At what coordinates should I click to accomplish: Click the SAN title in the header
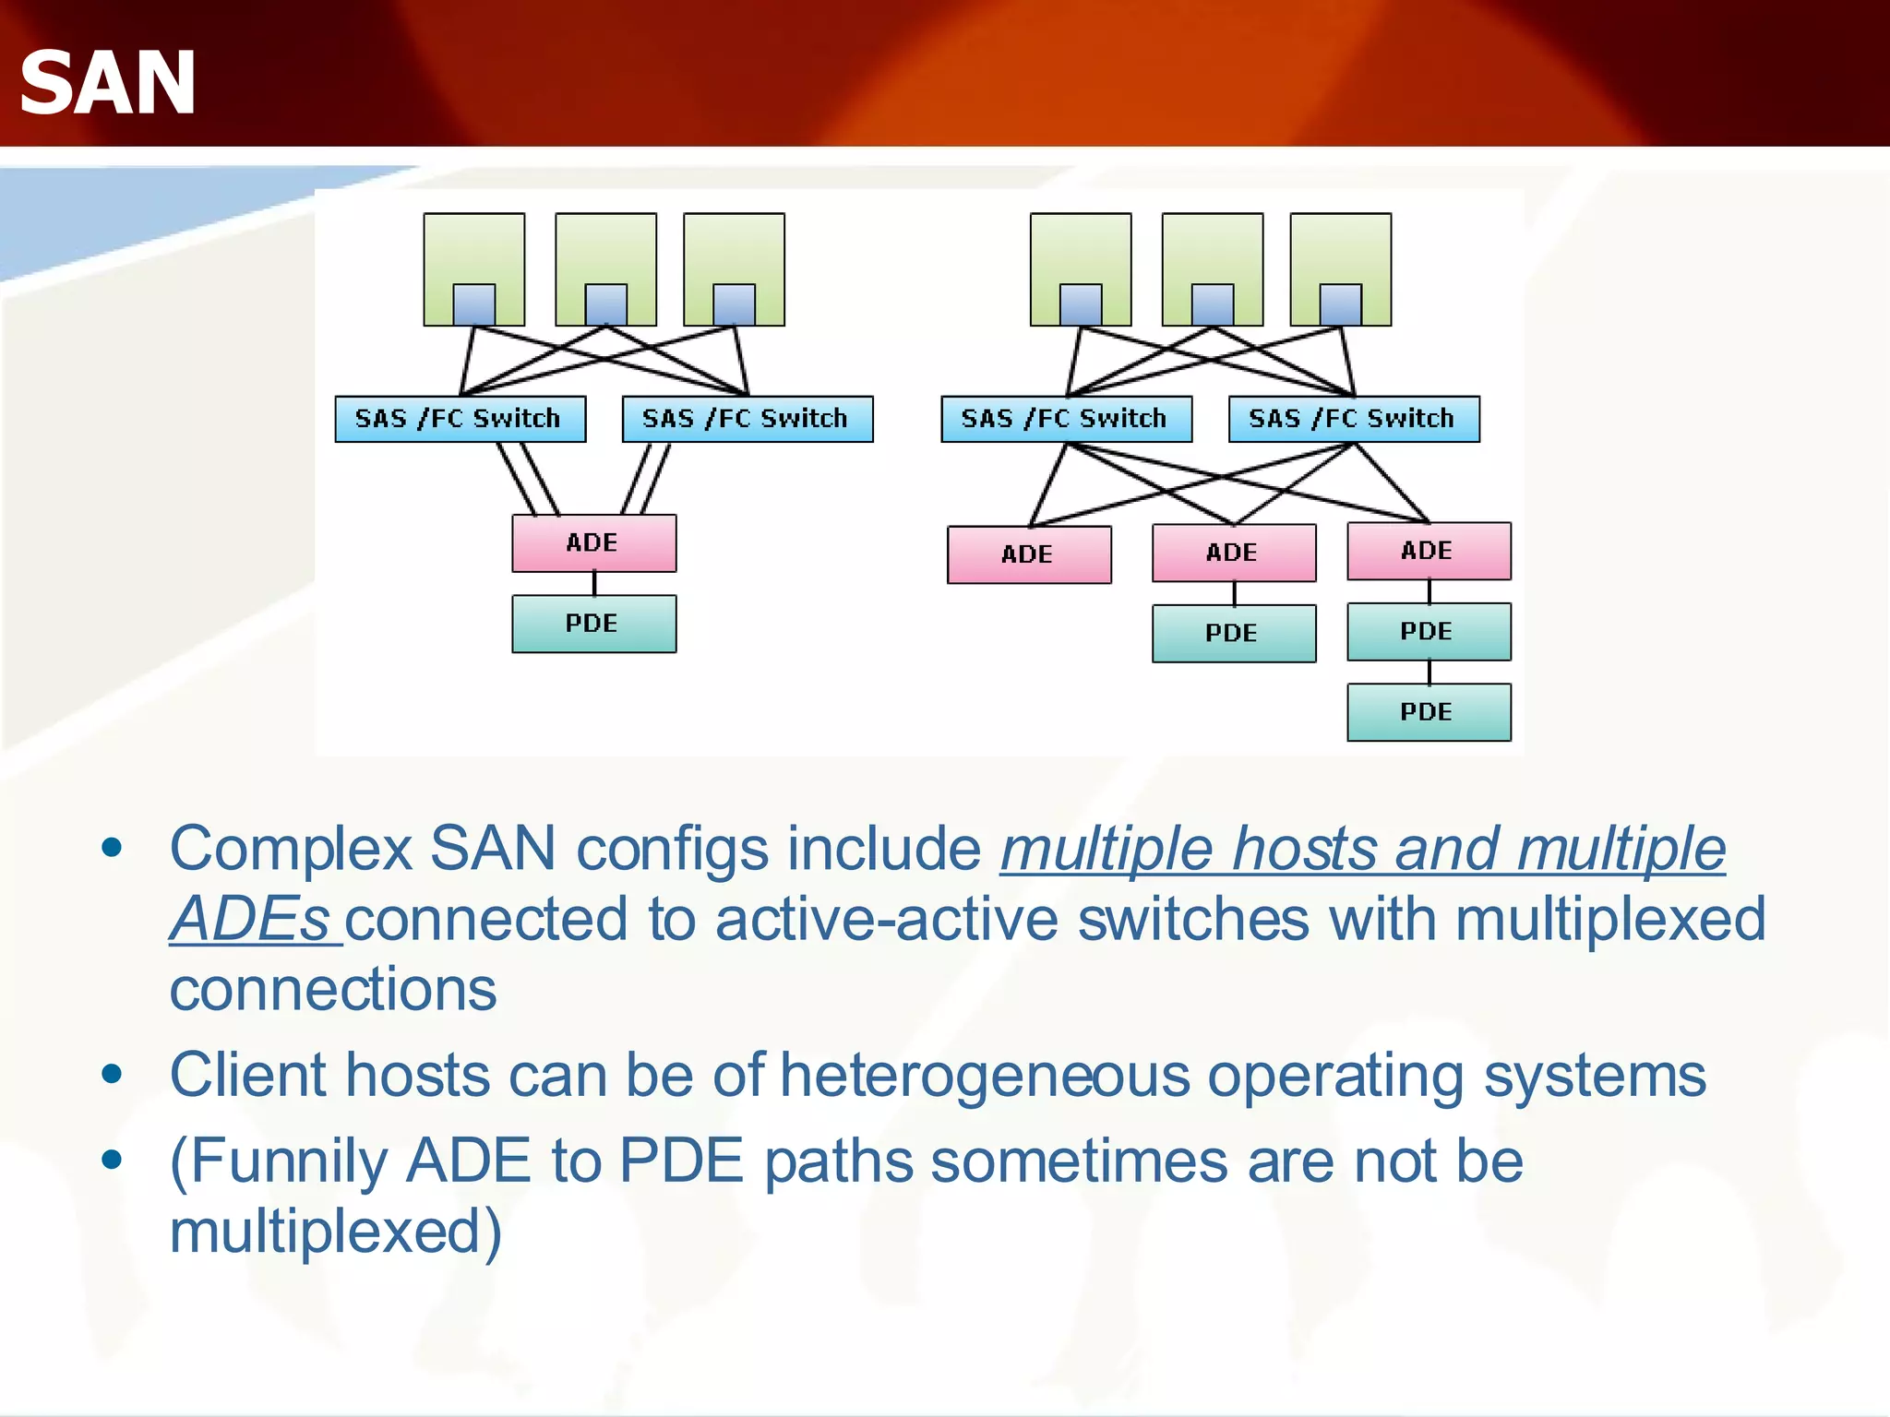[107, 83]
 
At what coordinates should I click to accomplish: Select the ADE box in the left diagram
[593, 543]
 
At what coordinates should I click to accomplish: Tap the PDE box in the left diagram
[593, 624]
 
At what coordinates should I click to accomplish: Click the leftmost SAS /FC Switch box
[460, 419]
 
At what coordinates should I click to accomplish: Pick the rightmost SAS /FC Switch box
[1353, 419]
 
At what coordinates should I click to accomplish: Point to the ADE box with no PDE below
[1029, 554]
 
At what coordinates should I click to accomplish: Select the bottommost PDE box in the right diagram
[1429, 711]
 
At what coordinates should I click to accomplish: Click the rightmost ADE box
[1429, 551]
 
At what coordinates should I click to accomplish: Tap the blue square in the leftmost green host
[473, 304]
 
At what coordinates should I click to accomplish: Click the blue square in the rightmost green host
[1340, 304]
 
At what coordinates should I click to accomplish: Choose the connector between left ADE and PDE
[594, 583]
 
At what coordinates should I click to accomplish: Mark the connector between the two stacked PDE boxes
[1429, 672]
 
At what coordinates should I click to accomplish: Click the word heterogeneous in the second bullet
[985, 1076]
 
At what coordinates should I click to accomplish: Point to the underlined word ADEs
[250, 920]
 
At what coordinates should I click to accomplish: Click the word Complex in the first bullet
[291, 850]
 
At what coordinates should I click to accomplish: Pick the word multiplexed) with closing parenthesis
[336, 1232]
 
